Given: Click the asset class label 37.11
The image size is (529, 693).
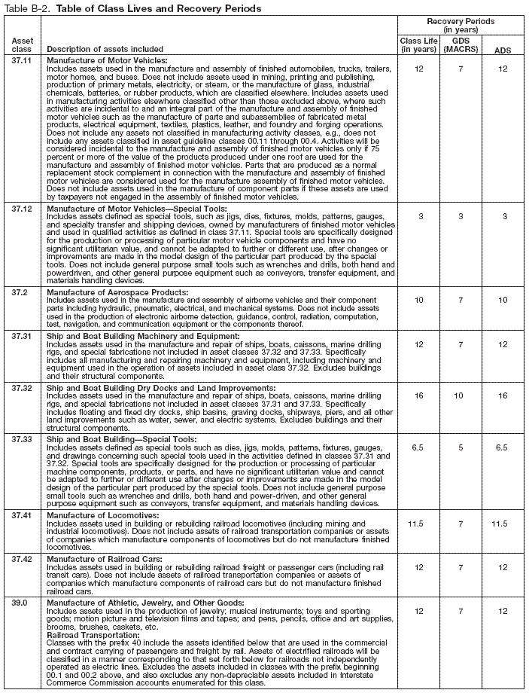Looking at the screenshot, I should point(23,60).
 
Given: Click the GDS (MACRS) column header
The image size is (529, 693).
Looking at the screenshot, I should point(461,44).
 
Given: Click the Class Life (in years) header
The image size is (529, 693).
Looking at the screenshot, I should point(418,44).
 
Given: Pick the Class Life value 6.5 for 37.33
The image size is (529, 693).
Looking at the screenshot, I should point(418,446).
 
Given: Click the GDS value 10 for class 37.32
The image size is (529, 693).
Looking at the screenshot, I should point(461,395).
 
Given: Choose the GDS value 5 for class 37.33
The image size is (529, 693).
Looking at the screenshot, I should point(461,446).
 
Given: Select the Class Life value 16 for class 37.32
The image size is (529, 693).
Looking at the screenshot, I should point(418,395).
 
